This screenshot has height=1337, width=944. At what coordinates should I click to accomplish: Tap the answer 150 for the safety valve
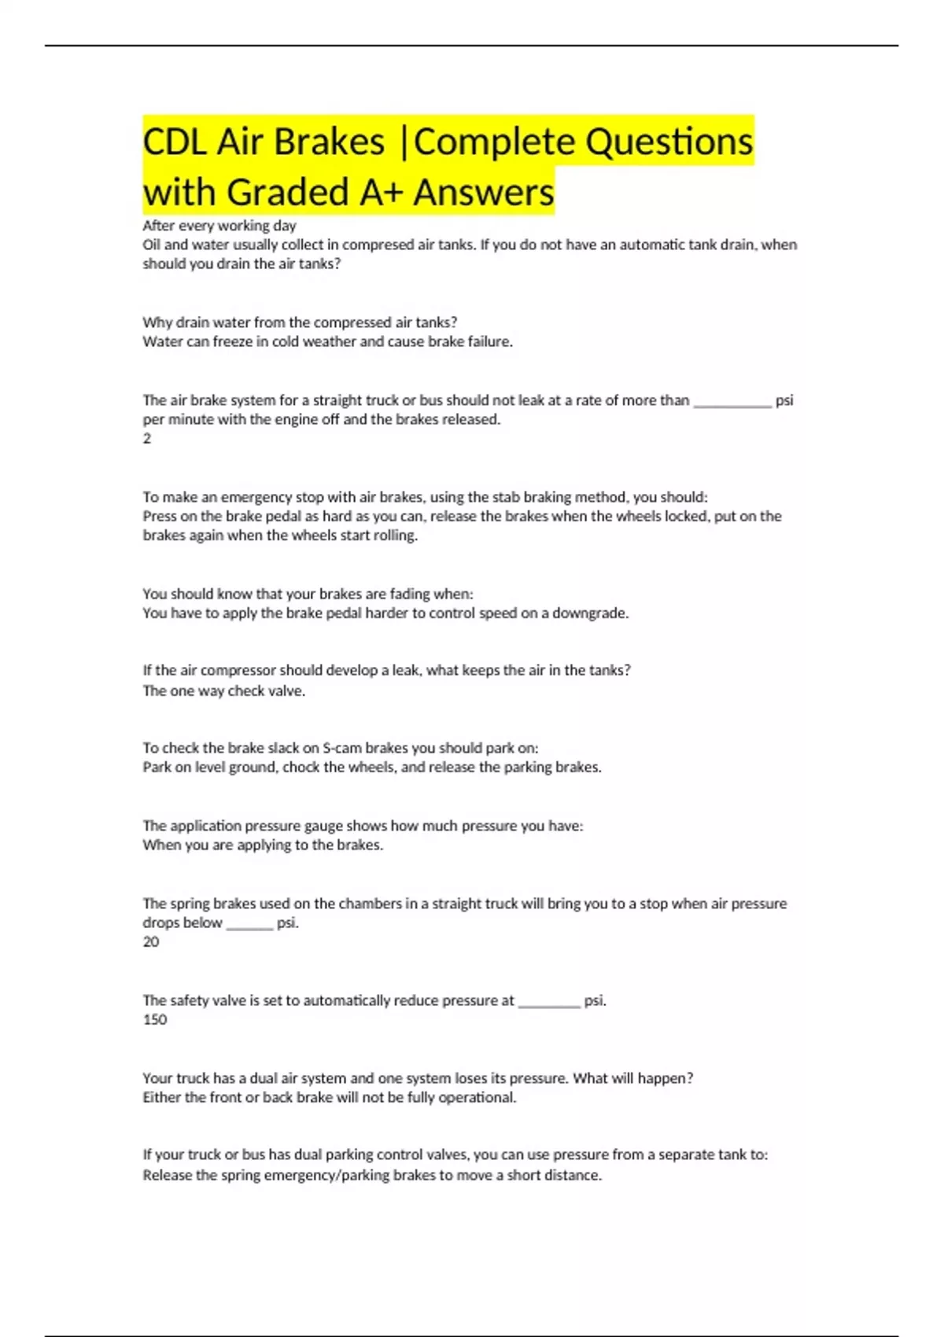tap(155, 1020)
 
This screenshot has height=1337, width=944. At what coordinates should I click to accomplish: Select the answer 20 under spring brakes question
tap(151, 942)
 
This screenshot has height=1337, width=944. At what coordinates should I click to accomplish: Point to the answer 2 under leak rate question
tap(147, 439)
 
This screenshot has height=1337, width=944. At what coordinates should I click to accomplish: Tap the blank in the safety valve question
tap(549, 1003)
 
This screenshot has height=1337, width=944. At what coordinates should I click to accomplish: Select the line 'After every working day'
tap(219, 226)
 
